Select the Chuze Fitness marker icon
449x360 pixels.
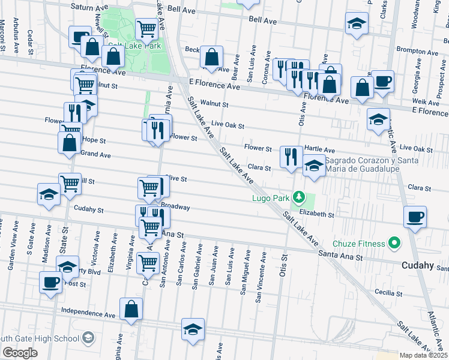pos(394,244)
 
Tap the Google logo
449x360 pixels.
pos(20,352)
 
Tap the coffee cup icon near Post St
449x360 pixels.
pos(50,281)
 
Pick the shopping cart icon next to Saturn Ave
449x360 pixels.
pos(146,28)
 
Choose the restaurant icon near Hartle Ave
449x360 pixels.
pos(291,157)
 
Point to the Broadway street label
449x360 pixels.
pos(175,207)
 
